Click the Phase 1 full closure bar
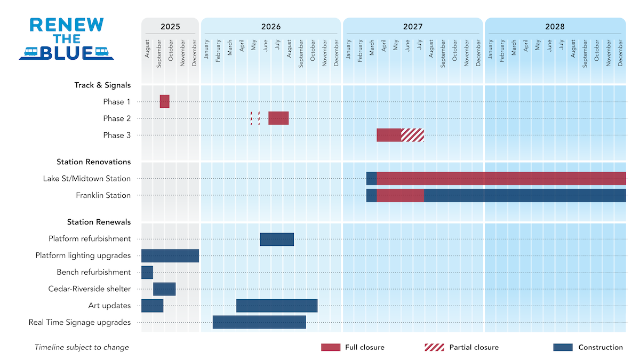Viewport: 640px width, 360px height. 164,101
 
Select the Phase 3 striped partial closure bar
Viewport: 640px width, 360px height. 412,135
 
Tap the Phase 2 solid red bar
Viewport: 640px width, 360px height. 278,118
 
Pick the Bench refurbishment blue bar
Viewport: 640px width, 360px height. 147,273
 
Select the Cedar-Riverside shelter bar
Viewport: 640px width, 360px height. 164,289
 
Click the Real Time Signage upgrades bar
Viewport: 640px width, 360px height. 259,322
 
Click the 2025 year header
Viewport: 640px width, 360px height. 170,27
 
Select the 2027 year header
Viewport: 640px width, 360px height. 413,27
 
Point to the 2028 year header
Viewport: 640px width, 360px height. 555,27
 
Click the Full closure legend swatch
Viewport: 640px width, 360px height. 330,347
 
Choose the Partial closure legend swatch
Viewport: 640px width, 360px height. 434,347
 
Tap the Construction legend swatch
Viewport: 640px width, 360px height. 563,347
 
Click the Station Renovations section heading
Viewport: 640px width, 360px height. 93,162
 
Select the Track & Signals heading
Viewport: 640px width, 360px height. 102,85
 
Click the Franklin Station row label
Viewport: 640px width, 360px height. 103,195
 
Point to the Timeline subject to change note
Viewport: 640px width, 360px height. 82,347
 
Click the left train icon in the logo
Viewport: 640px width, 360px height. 30,52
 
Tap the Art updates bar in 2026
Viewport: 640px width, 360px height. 277,306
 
